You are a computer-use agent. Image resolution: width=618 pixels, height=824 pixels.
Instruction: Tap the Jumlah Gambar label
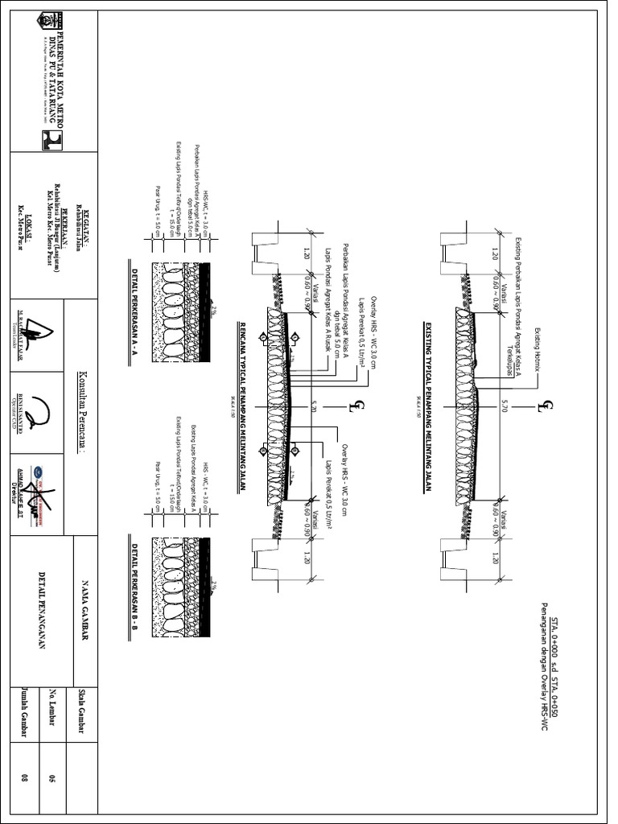pyautogui.click(x=25, y=712)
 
